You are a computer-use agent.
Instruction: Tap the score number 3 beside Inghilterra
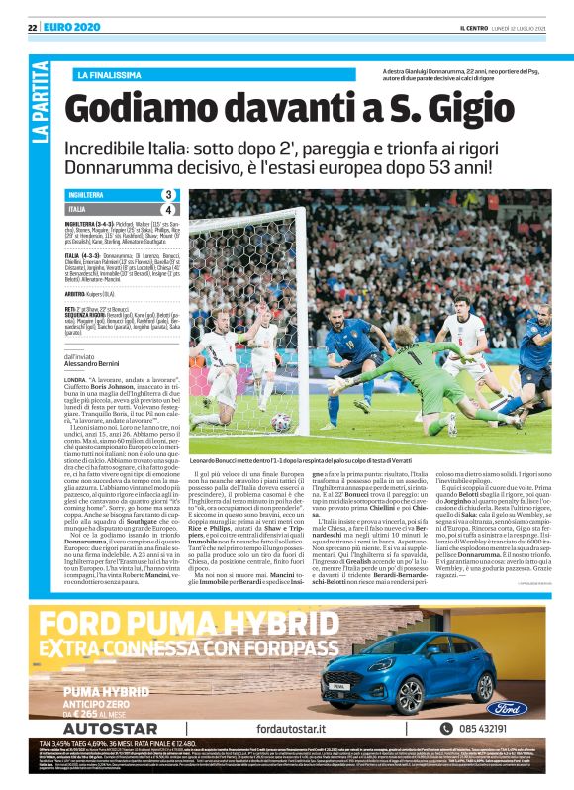pos(169,195)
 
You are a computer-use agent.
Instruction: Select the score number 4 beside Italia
pos(169,210)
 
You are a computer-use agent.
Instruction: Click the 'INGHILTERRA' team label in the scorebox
pos(89,195)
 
